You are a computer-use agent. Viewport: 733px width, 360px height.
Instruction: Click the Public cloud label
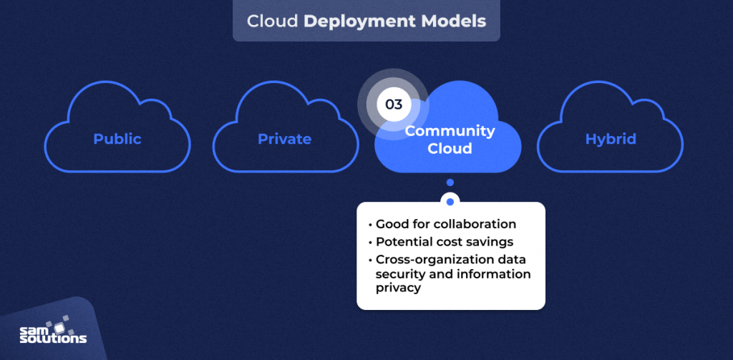pos(117,139)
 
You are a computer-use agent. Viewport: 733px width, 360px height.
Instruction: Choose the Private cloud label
pos(284,139)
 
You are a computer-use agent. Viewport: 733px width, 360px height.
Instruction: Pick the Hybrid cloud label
pos(610,139)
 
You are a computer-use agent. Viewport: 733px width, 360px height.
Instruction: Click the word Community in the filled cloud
pos(450,131)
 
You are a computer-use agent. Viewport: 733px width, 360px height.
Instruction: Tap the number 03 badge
pos(393,104)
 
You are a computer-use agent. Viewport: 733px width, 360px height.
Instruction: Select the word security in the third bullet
pos(400,273)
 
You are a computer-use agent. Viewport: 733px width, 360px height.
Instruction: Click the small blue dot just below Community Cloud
pos(450,183)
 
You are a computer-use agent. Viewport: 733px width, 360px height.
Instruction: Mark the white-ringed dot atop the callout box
pos(450,201)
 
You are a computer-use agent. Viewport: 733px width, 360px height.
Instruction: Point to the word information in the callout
pos(494,273)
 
